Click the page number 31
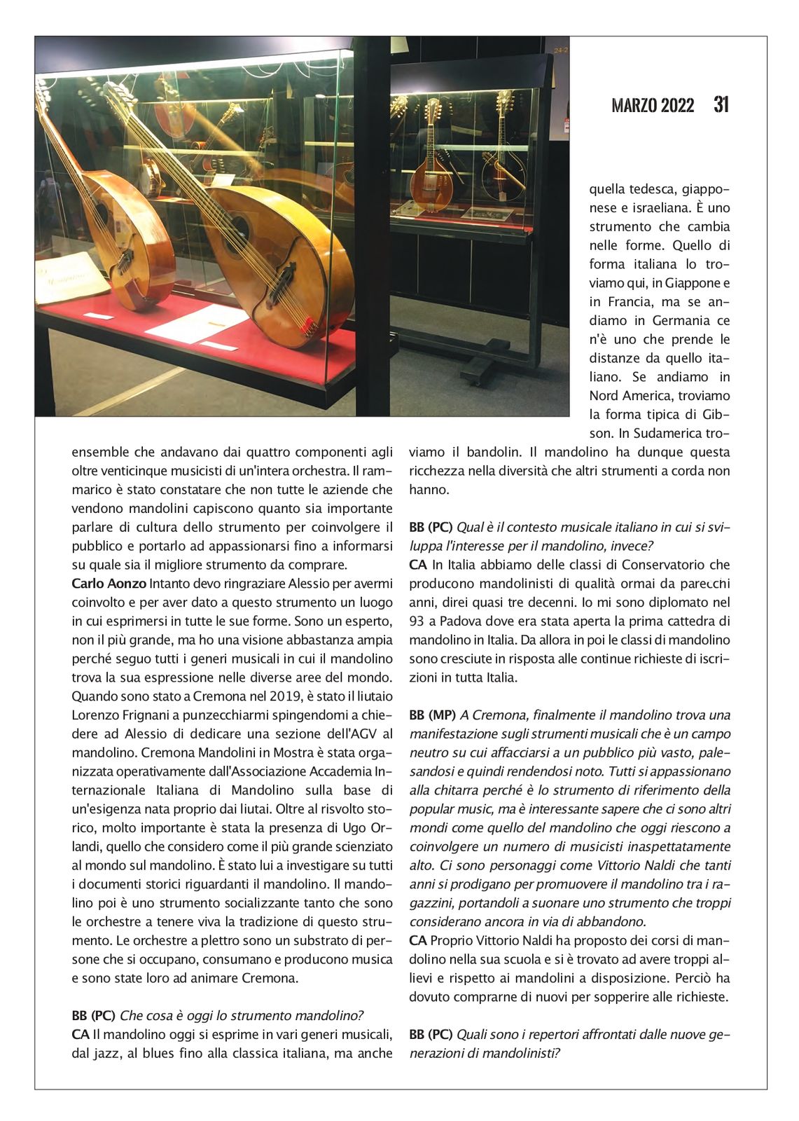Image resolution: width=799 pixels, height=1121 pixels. [x=721, y=104]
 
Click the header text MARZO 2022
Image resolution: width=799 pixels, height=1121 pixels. [x=653, y=106]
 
